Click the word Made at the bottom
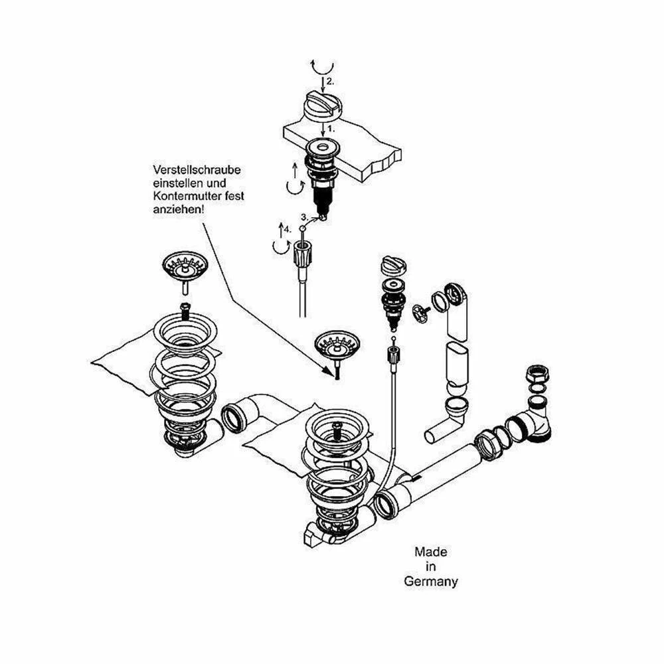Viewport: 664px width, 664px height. pos(430,551)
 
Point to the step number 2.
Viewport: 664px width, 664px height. pos(329,82)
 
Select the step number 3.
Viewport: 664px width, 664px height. pos(303,216)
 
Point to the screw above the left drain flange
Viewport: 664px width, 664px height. pos(185,309)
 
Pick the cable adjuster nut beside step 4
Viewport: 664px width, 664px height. pos(301,254)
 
